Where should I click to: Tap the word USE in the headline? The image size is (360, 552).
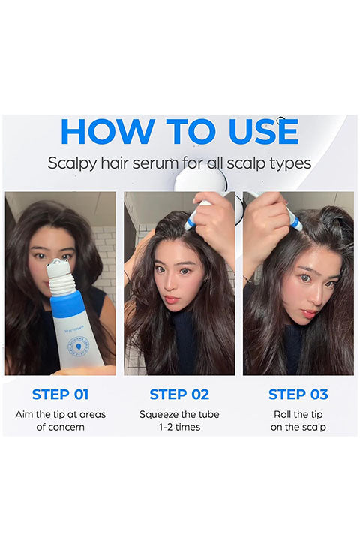[263, 132]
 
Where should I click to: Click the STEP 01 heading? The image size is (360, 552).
[60, 394]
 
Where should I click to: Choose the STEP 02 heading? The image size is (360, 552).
[179, 394]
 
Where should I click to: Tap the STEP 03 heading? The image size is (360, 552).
[298, 394]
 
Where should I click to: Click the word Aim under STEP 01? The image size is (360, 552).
[24, 414]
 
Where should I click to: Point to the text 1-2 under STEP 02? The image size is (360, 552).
[166, 427]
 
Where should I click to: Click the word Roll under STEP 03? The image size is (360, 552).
[281, 414]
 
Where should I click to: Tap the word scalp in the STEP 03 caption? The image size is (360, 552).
[314, 427]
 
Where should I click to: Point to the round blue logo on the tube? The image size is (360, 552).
[78, 346]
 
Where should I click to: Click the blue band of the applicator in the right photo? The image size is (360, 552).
[295, 223]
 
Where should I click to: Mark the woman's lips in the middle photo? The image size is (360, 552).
[172, 299]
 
